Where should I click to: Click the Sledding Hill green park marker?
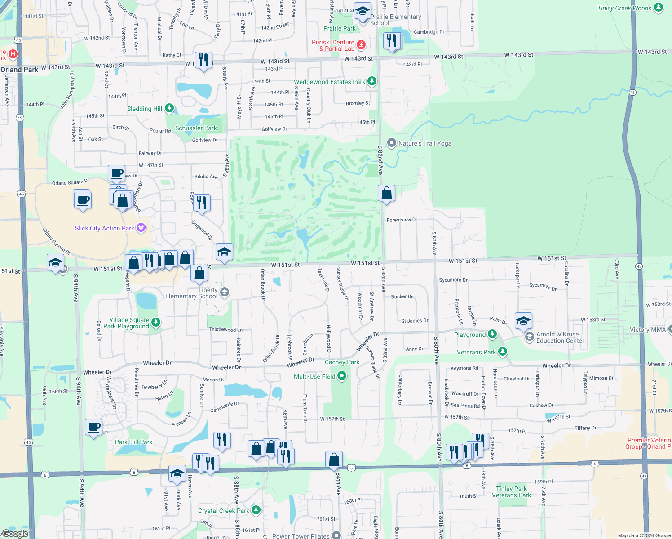[169, 108]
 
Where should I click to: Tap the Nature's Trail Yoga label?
[424, 143]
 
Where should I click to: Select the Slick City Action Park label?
[105, 228]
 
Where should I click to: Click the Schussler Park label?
[196, 128]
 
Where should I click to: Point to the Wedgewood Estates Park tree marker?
[371, 81]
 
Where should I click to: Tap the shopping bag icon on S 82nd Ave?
[386, 194]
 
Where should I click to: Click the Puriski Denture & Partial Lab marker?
[361, 44]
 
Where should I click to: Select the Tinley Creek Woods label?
[624, 8]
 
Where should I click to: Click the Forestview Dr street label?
[402, 220]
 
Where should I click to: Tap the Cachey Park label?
[342, 362]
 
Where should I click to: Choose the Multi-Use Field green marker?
[342, 376]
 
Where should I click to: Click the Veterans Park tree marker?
[503, 352]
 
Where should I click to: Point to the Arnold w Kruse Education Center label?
[560, 337]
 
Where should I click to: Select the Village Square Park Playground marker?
[156, 322]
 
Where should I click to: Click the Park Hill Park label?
[133, 442]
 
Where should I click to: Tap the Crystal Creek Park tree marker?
[256, 510]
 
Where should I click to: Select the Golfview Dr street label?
[274, 129]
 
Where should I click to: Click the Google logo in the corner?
[15, 533]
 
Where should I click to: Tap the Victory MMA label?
[647, 330]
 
